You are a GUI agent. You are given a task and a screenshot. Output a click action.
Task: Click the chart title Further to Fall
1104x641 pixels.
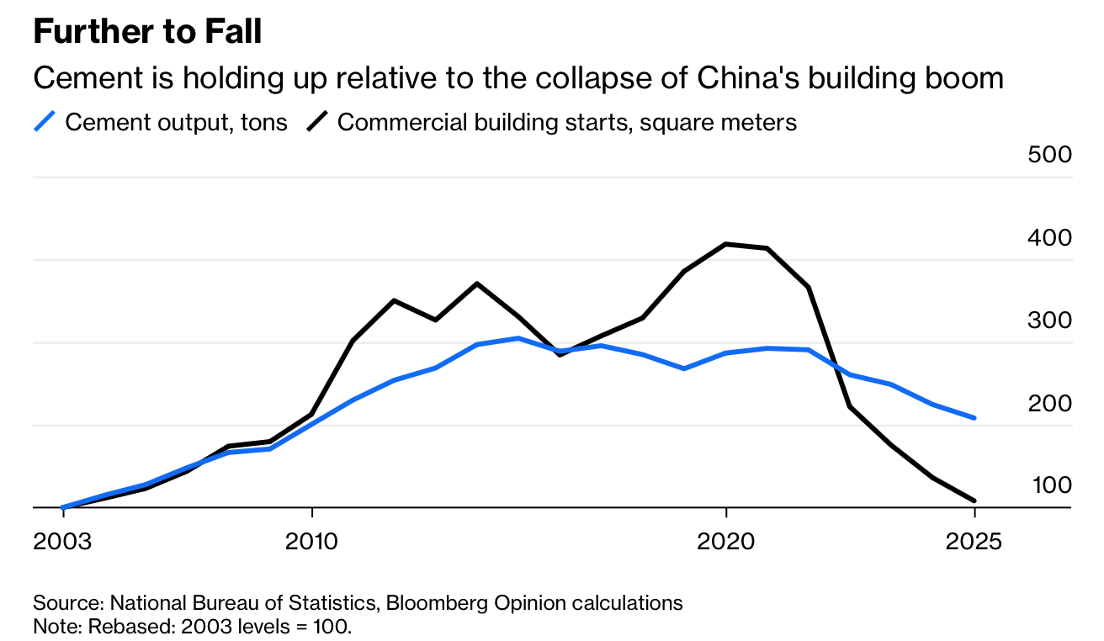click(147, 32)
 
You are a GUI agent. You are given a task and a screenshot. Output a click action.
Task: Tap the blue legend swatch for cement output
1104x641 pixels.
click(45, 122)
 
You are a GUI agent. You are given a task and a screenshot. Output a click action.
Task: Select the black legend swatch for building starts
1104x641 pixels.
click(317, 122)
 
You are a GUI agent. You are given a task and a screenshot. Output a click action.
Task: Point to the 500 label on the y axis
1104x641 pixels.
click(1049, 156)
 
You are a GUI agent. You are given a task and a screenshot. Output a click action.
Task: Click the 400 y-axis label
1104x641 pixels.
click(1049, 238)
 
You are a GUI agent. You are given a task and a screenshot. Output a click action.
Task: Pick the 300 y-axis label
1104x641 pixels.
click(1049, 320)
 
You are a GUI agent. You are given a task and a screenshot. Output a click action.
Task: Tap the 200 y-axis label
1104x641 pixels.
click(1049, 404)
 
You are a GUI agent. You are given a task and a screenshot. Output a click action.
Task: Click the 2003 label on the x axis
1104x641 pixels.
click(62, 541)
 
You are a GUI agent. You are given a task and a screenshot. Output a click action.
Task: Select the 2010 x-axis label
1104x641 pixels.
click(312, 541)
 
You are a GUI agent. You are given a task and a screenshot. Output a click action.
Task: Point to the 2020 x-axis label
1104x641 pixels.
click(725, 541)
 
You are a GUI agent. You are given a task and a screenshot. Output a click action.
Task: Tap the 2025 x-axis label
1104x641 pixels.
click(974, 541)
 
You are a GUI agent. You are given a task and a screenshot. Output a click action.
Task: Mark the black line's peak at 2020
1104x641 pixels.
click(725, 244)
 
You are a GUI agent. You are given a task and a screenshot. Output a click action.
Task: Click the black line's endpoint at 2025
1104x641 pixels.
click(974, 501)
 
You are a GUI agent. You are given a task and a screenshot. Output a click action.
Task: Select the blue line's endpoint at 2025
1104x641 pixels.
click(974, 417)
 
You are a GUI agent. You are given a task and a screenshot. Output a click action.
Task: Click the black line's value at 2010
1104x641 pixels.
click(312, 414)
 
